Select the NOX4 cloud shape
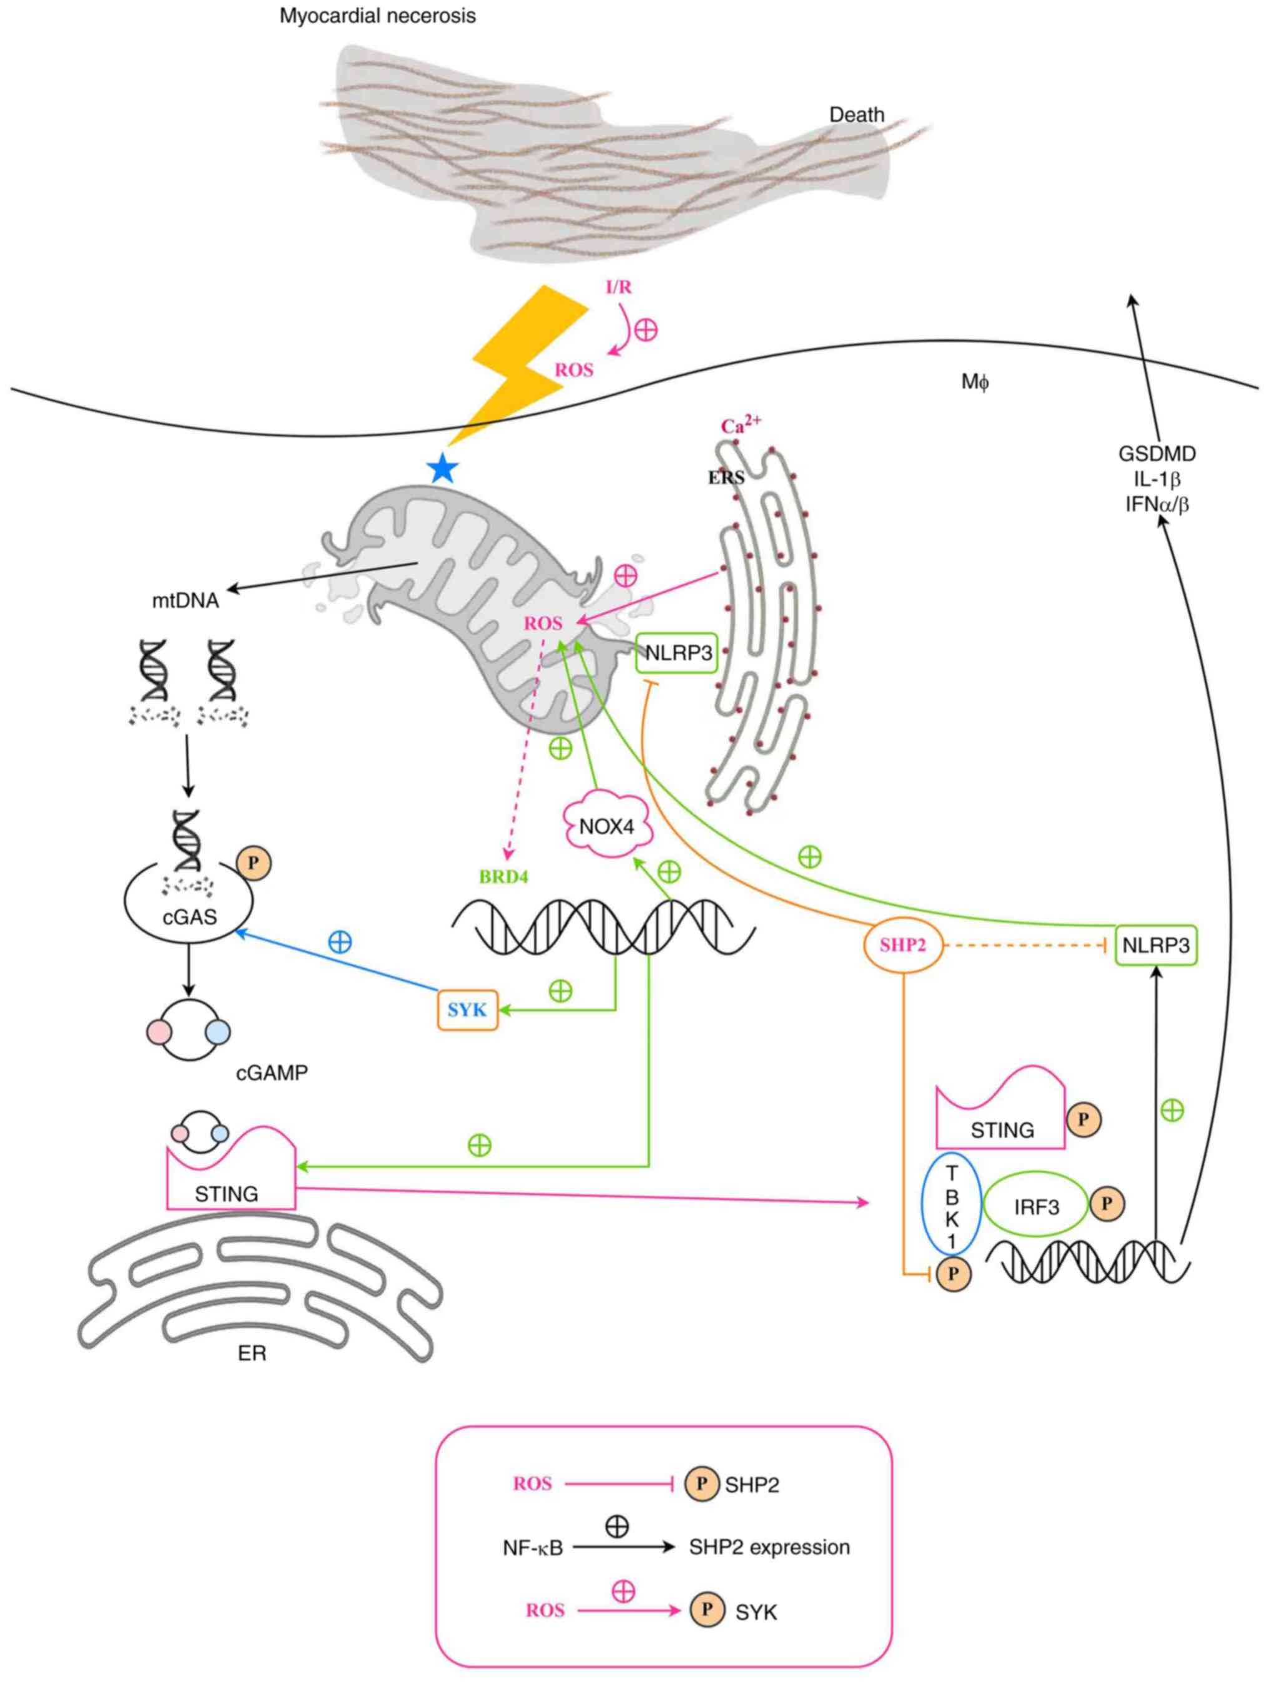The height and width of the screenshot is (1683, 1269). pyautogui.click(x=607, y=826)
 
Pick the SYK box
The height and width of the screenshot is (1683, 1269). pyautogui.click(x=467, y=1010)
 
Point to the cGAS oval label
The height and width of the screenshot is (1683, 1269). pyautogui.click(x=190, y=917)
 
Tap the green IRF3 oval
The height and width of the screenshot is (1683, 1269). pyautogui.click(x=1036, y=1207)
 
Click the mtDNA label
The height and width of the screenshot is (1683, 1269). pyautogui.click(x=185, y=601)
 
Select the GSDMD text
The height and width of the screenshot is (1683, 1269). pyautogui.click(x=1157, y=454)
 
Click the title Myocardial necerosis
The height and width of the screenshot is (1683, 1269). pyautogui.click(x=378, y=16)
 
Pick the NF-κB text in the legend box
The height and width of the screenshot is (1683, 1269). pyautogui.click(x=532, y=1548)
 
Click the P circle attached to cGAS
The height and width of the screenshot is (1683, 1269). pyautogui.click(x=254, y=863)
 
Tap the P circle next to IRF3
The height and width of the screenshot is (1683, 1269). pyautogui.click(x=1107, y=1203)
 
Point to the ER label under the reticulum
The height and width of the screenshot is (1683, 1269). pyautogui.click(x=252, y=1354)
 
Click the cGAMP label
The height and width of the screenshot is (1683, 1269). pyautogui.click(x=272, y=1073)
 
